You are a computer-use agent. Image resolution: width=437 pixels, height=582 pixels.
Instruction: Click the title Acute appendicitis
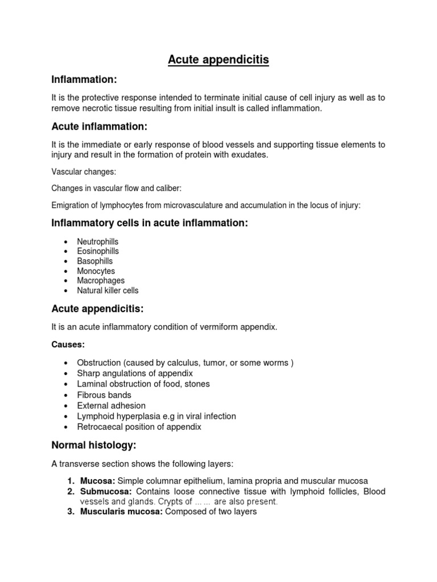click(218, 59)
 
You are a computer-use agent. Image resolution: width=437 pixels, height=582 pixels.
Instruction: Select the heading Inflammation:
click(84, 79)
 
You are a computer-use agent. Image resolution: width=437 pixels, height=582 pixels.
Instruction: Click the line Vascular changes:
click(81, 171)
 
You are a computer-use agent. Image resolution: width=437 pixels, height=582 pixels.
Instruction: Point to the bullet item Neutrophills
click(98, 242)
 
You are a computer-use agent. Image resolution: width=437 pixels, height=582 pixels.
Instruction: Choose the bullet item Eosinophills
click(98, 251)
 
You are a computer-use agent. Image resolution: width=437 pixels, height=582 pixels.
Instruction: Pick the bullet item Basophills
click(95, 261)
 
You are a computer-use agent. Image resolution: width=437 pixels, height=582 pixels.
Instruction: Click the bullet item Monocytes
click(96, 271)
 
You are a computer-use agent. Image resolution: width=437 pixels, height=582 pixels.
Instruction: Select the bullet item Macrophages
click(101, 281)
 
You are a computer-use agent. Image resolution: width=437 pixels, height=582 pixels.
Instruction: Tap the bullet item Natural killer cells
click(108, 290)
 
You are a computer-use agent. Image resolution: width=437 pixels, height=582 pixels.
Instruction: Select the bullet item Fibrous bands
click(104, 395)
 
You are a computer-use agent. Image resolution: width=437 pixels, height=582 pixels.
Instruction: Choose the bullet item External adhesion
click(112, 406)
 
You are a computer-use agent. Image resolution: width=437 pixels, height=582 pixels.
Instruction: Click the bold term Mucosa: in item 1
click(97, 481)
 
